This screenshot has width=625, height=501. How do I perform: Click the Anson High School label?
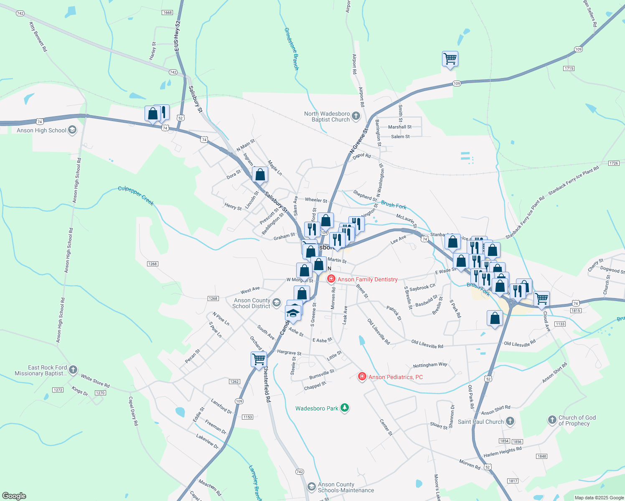point(41,131)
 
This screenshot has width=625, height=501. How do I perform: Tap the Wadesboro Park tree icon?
point(345,408)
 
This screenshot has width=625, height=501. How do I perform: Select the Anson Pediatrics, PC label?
point(395,377)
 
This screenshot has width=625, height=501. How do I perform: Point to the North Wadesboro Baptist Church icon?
point(356,116)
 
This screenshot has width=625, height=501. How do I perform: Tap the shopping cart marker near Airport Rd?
point(450,59)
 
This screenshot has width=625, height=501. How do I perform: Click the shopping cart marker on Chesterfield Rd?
point(259,359)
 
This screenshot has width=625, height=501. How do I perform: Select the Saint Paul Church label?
point(480,422)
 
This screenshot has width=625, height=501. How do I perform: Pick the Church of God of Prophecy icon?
point(552,419)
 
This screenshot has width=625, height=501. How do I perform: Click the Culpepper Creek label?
point(136,195)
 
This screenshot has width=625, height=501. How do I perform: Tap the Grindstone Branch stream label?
point(291,48)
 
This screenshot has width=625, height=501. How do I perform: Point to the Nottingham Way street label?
point(430,365)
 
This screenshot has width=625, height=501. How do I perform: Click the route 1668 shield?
point(167,13)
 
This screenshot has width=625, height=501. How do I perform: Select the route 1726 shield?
point(613,163)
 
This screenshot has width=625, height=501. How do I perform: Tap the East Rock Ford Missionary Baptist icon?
point(73,369)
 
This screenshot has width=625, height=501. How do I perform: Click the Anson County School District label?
point(252,303)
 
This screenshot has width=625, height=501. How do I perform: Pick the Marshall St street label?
point(400,127)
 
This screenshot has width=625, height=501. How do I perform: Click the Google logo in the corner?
point(14,496)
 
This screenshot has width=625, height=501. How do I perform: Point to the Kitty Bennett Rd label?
point(38,37)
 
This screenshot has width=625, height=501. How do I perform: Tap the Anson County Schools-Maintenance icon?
point(311,487)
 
